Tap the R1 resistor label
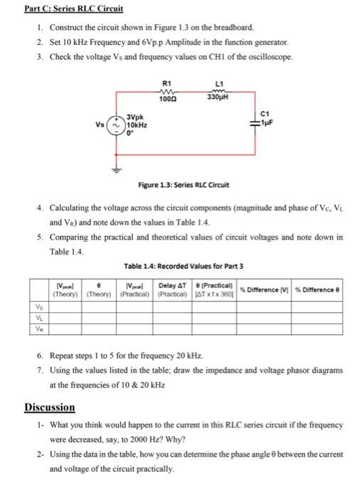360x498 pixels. [x=168, y=83]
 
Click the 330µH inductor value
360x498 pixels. [x=215, y=97]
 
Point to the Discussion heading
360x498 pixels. [x=50, y=407]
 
